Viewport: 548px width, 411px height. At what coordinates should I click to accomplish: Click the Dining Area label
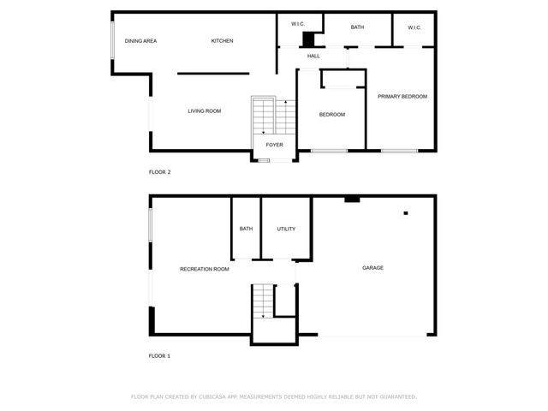point(140,41)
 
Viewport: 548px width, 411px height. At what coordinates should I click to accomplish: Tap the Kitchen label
point(223,41)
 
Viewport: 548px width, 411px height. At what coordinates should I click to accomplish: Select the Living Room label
point(205,110)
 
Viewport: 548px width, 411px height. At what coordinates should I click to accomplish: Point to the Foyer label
point(274,145)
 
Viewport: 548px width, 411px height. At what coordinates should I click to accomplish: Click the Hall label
point(313,57)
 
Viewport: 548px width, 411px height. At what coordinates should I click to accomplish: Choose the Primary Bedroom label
point(402,97)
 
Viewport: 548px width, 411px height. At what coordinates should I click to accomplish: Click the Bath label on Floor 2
point(357,27)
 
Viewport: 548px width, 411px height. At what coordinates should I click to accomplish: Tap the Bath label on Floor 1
point(246,229)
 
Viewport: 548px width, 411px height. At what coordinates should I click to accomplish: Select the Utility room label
point(286,229)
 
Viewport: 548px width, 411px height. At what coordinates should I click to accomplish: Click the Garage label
point(372,268)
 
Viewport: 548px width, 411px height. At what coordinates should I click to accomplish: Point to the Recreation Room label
point(205,269)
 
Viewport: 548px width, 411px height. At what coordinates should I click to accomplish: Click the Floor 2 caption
point(160,172)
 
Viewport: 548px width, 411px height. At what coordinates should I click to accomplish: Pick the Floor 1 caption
point(160,355)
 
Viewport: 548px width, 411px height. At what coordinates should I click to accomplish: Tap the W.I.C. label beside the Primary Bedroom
point(414,27)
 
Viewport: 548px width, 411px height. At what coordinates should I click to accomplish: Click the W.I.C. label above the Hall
point(299,24)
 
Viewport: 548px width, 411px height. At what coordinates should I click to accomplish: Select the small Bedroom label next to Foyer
point(332,115)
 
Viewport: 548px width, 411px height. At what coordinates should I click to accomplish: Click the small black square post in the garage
point(406,212)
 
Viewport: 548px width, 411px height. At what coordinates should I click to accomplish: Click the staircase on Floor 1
point(263,301)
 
